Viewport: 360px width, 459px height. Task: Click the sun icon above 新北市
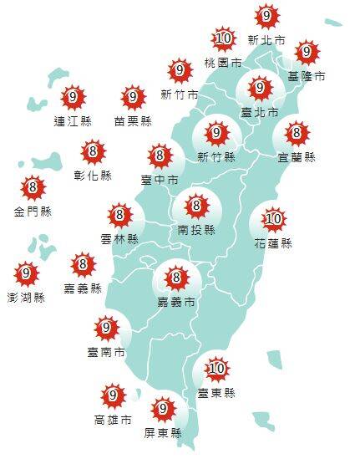click(x=266, y=15)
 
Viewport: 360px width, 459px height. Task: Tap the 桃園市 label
click(x=223, y=63)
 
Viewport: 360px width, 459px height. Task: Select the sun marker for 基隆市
click(x=307, y=52)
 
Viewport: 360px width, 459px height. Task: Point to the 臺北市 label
click(x=260, y=111)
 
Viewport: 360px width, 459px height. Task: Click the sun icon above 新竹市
click(x=179, y=70)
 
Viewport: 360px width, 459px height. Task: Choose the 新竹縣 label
click(x=216, y=156)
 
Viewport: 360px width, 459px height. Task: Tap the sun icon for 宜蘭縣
click(x=297, y=132)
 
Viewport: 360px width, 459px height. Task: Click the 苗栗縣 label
click(x=133, y=120)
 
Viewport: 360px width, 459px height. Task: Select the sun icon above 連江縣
click(x=73, y=98)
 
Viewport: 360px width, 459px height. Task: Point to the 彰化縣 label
click(x=93, y=176)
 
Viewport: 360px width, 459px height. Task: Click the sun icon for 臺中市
click(x=160, y=156)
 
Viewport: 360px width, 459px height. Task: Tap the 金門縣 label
click(x=33, y=212)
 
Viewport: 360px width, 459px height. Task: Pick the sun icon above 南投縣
click(x=197, y=205)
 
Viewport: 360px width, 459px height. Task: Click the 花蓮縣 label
click(x=274, y=243)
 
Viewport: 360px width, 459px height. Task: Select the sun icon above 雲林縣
click(x=120, y=216)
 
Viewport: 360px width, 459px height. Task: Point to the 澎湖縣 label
click(x=27, y=297)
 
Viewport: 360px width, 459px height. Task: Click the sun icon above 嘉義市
click(x=175, y=278)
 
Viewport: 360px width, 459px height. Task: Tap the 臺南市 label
click(x=106, y=352)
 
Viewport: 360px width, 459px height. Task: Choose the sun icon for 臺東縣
click(x=216, y=368)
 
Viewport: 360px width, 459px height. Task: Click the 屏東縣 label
click(x=163, y=433)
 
